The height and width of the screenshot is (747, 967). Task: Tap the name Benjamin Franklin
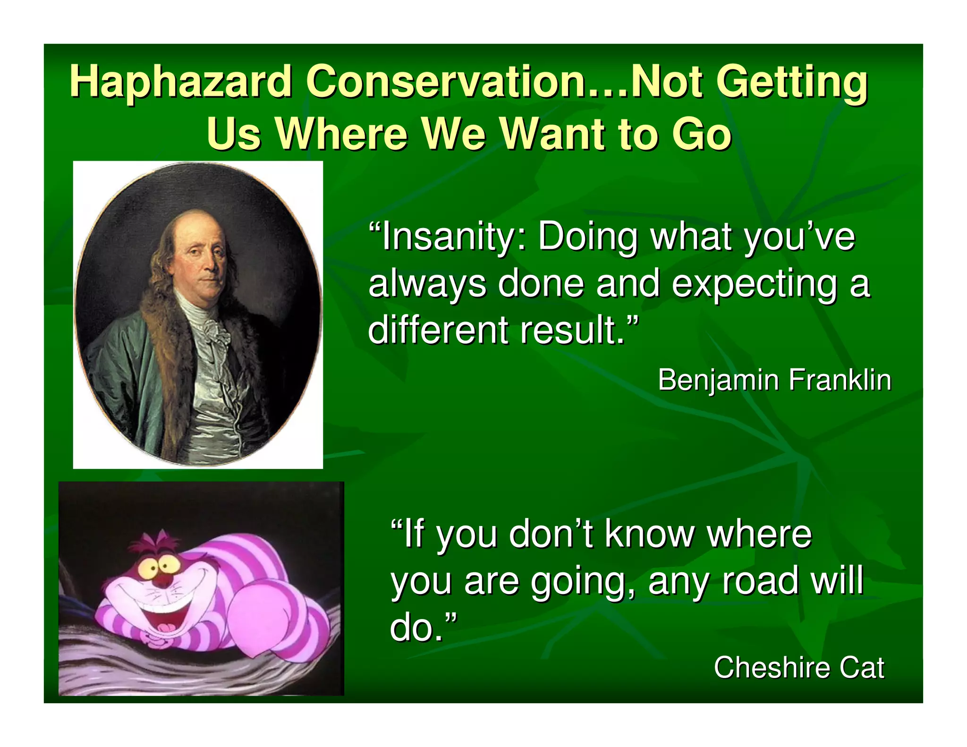[x=774, y=380]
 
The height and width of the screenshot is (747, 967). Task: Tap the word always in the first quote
[x=427, y=284]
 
